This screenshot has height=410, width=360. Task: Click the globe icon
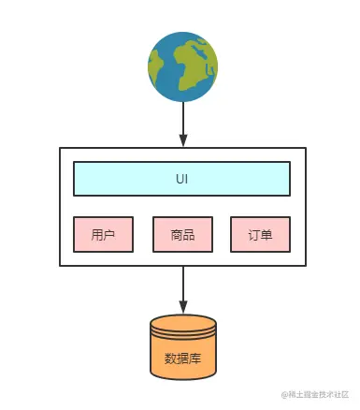coord(182,66)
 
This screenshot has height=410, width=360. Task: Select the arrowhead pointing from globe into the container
coord(182,140)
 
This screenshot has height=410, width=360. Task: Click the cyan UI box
coord(181,178)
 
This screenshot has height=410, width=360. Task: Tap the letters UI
coord(181,178)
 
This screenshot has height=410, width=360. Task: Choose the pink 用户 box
coord(103,235)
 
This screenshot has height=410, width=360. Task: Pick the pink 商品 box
coord(182,235)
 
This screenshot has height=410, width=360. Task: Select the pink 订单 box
coord(260,235)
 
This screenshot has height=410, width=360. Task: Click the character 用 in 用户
coord(97,235)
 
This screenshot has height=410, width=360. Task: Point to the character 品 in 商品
coord(189,235)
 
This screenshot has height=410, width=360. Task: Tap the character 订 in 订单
coord(254,235)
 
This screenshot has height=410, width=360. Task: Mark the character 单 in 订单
coord(266,235)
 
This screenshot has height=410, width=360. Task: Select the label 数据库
coord(182,358)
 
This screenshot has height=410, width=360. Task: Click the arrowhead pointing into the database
coord(182,308)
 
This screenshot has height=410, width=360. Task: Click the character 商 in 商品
coord(177,235)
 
